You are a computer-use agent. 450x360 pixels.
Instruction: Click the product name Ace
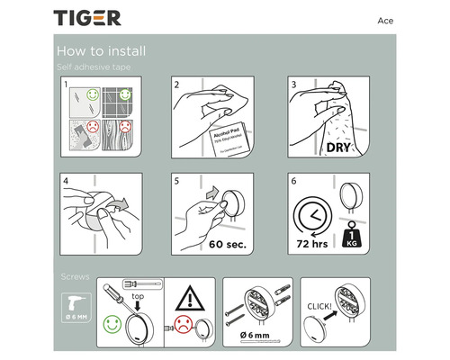pyautogui.click(x=383, y=20)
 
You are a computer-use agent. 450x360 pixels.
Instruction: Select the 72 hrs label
pyautogui.click(x=311, y=243)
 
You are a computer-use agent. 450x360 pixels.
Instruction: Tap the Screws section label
pyautogui.click(x=76, y=274)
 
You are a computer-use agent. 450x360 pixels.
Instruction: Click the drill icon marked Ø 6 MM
pyautogui.click(x=75, y=307)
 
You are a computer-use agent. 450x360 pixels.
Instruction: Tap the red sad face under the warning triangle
pyautogui.click(x=183, y=325)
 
